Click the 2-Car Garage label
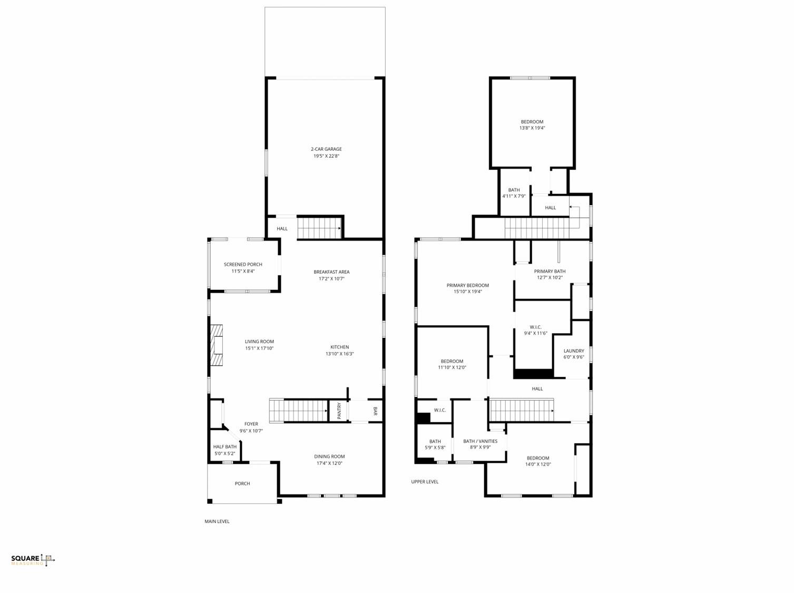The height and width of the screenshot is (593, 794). pos(326,149)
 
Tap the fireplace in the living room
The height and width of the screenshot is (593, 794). pos(217,345)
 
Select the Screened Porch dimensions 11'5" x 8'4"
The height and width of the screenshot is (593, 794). pos(243,271)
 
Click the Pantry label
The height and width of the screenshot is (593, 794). pos(339,411)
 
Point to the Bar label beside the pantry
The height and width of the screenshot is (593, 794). pos(375,411)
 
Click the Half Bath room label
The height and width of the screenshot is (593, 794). pos(225,446)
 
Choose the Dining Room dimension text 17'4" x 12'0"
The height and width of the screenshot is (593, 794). pos(329,463)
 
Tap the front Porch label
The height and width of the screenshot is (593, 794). pos(242,483)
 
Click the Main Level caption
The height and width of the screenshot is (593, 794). pos(217,521)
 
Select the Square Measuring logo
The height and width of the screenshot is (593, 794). pos(33,560)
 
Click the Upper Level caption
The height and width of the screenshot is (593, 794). pos(425,482)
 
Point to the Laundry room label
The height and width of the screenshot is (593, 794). pos(574,351)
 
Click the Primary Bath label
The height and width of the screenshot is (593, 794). pos(550,271)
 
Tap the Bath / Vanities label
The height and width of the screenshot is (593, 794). pos(480,441)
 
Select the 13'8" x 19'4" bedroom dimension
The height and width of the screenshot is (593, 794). pos(532,128)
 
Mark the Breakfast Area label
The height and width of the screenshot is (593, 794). pos(331,272)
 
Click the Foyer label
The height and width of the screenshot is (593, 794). pos(251,424)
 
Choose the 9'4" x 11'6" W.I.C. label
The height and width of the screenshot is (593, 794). pos(535,330)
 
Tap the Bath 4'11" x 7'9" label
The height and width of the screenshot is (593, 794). pos(514,193)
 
